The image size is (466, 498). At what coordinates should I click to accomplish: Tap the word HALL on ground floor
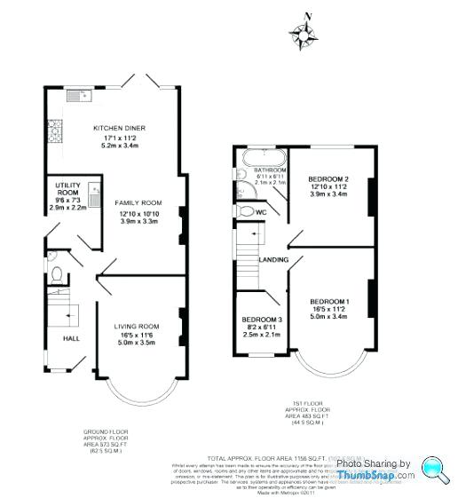coord(62,338)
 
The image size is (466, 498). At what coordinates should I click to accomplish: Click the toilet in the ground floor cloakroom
coord(55,274)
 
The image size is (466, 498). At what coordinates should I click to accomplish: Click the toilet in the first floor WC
coord(245,211)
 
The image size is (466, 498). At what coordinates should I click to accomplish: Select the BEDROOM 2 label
coord(328,179)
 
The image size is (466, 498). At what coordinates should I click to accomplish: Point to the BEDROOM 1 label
coord(328,302)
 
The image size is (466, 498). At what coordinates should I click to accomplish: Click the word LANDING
coord(272,259)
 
